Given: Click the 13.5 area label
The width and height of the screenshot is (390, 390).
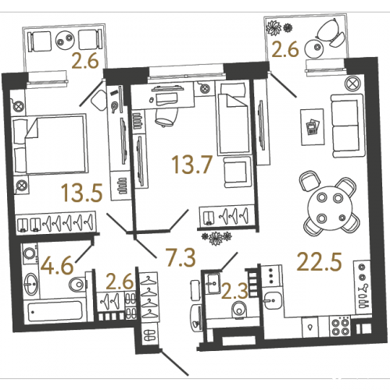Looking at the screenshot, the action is point(82,193).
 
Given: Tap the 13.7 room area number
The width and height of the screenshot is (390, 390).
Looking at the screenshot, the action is point(192,164).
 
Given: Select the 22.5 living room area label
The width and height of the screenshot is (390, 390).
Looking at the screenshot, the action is point(319,262).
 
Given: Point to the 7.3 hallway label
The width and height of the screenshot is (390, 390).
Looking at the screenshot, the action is point(181,257).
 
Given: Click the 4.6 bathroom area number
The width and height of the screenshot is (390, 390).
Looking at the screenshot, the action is point(58,265).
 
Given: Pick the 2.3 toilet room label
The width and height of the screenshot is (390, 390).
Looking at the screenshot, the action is point(234,290).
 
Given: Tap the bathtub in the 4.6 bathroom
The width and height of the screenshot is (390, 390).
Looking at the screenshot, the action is point(55,311).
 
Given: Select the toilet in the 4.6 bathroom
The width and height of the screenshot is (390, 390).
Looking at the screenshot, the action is point(78,285).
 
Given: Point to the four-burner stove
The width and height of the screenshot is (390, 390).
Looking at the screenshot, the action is point(341,327).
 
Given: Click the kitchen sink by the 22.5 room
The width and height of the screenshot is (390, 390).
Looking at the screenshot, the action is point(273,300).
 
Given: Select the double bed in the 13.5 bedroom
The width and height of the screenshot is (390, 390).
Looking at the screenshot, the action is point(50,144).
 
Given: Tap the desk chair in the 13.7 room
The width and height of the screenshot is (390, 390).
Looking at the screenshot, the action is point(165,118).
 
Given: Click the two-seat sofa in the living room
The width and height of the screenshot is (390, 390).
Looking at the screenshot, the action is point(347,126).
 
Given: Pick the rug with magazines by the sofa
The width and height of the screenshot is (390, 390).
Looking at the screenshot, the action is point(313,127).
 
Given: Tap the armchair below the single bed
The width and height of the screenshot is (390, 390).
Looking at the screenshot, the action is point(237,172).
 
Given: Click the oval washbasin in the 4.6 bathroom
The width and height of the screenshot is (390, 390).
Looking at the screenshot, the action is point(31,284).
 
